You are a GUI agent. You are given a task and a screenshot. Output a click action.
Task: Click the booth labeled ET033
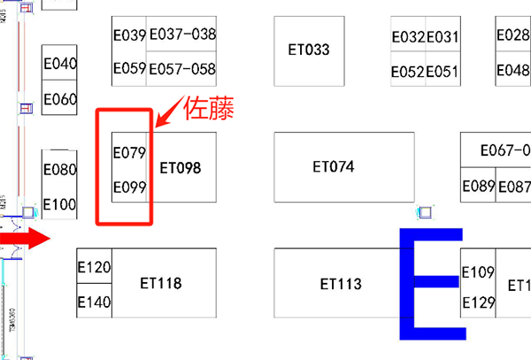(x=309, y=50)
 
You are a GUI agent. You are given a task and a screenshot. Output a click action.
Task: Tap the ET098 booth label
(x=181, y=166)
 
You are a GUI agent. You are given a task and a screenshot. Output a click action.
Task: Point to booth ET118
(x=161, y=284)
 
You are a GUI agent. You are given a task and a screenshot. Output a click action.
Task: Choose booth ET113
(x=341, y=284)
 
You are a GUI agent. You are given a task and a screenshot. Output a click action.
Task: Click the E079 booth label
(x=129, y=153)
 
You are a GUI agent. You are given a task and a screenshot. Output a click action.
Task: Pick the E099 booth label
(x=129, y=188)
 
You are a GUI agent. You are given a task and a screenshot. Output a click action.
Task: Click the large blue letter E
(x=431, y=283)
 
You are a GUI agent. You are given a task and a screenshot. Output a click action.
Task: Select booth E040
(x=60, y=65)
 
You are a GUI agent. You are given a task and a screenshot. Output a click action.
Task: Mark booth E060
(x=60, y=99)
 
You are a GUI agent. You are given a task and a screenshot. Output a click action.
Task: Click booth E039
(x=129, y=35)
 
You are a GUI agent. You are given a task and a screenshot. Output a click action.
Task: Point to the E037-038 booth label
(x=182, y=35)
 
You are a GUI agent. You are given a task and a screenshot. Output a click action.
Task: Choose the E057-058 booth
(x=182, y=69)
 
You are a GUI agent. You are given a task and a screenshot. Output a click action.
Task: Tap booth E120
(x=94, y=268)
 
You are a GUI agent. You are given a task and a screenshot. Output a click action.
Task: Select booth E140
(x=94, y=303)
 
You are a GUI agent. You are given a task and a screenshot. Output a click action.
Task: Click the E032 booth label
(x=408, y=36)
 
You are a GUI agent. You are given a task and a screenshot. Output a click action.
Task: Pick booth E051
(x=442, y=72)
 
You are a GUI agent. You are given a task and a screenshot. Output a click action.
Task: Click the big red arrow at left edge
(x=27, y=239)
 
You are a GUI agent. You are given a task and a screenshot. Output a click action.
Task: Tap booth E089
(x=479, y=187)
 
